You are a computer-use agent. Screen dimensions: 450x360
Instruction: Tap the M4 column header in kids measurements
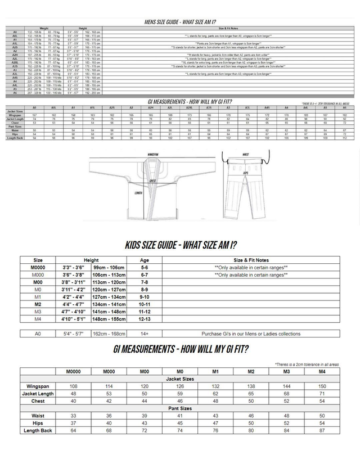pyautogui.click(x=321, y=372)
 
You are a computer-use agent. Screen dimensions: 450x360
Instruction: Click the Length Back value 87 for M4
pyautogui.click(x=321, y=430)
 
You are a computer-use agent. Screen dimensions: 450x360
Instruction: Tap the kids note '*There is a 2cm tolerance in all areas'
pyautogui.click(x=307, y=364)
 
